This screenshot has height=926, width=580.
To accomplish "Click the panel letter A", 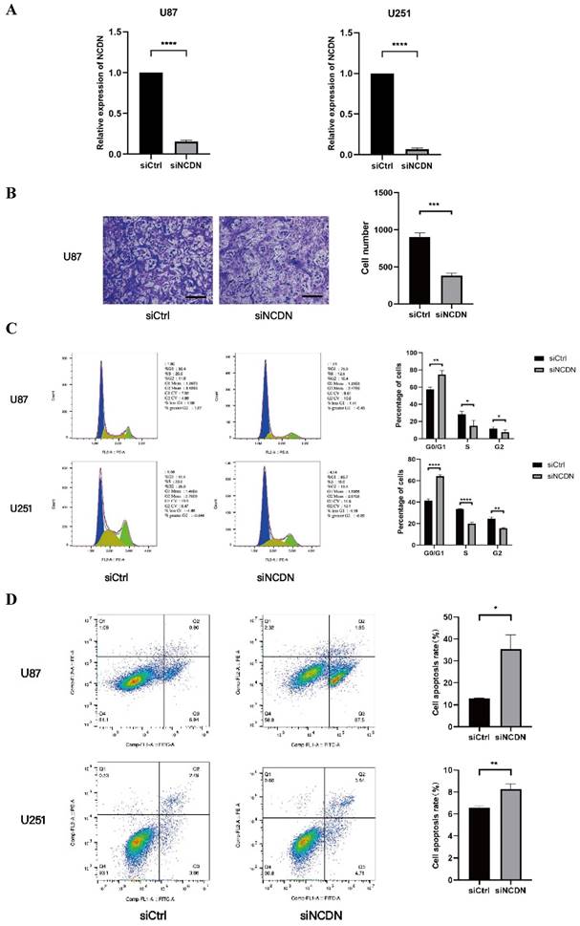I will (x=12, y=12).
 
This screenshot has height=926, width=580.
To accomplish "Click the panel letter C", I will (x=11, y=328).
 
